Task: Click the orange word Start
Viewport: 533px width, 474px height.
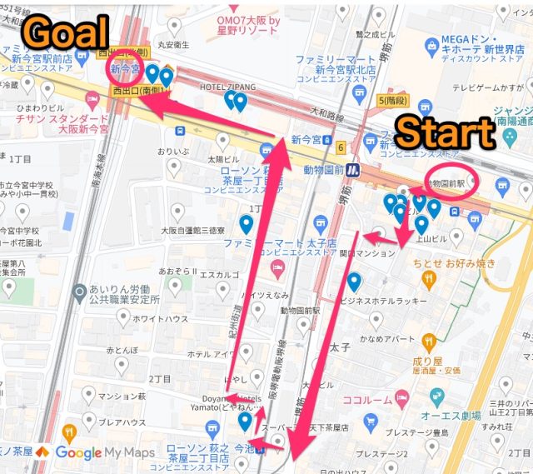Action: click(446, 133)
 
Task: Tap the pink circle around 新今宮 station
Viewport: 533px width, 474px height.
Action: click(127, 70)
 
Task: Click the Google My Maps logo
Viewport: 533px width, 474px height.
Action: click(101, 453)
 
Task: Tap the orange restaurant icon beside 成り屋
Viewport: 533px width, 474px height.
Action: click(428, 341)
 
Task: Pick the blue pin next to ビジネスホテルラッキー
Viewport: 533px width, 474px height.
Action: click(354, 282)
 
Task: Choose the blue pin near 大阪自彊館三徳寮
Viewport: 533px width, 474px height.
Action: click(246, 224)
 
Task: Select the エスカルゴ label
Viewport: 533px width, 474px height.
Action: click(218, 274)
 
